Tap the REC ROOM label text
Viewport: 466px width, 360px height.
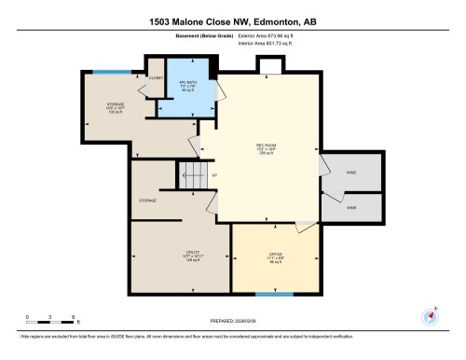coord(266,148)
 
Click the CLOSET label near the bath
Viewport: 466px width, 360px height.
coord(156,78)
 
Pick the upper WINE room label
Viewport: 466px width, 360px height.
coord(350,173)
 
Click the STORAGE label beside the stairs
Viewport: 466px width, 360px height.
coord(147,201)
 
